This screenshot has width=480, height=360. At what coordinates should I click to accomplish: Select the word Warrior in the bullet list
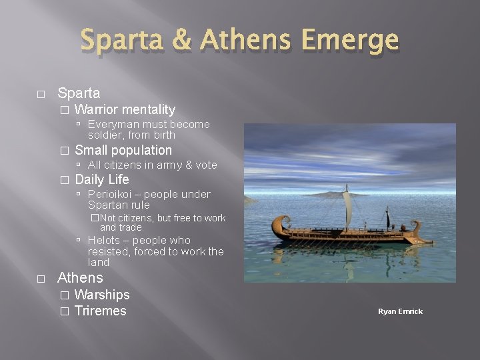click(x=97, y=109)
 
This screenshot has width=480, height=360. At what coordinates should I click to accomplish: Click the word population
click(x=143, y=150)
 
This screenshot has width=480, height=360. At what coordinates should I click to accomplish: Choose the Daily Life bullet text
click(x=102, y=179)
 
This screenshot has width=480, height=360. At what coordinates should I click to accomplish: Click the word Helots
click(x=103, y=240)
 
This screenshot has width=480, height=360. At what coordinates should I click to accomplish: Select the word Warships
click(x=102, y=294)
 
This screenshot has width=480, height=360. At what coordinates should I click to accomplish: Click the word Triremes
click(x=101, y=311)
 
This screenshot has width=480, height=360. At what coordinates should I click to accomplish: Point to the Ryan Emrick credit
click(x=400, y=311)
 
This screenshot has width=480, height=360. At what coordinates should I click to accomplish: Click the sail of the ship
click(x=344, y=201)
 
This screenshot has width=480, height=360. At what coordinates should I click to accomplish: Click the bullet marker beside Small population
click(x=65, y=151)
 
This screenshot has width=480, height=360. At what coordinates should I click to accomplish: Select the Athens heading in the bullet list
click(x=80, y=277)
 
